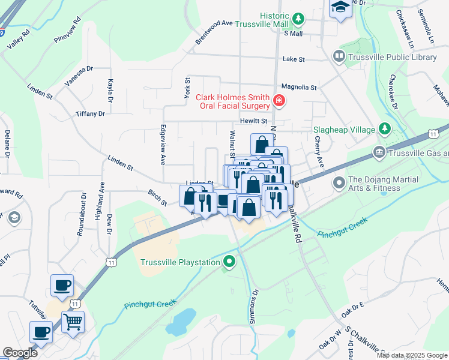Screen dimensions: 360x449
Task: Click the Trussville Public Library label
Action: [x=393, y=57]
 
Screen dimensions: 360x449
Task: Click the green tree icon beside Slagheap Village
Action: [x=384, y=129]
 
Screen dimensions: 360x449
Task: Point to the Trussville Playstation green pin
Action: [x=229, y=262]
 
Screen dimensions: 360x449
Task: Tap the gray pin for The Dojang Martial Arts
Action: [x=339, y=181]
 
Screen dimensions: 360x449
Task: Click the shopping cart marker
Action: [x=73, y=321]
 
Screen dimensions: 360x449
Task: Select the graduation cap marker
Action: [x=340, y=7]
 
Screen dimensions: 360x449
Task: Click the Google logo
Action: [x=20, y=352]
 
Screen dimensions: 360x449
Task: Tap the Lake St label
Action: [x=294, y=59]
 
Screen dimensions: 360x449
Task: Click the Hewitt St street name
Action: [x=254, y=121]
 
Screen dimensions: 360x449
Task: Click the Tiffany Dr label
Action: [x=90, y=113]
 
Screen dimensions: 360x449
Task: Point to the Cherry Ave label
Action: [x=319, y=152]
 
